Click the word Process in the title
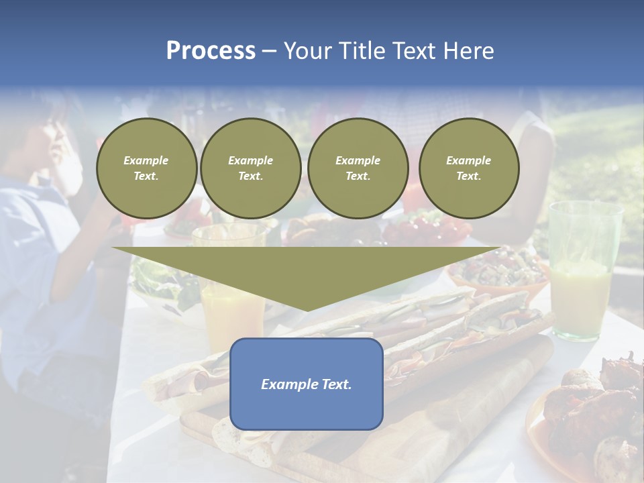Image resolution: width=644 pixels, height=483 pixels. point(211,51)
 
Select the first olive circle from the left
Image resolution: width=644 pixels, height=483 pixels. point(146,168)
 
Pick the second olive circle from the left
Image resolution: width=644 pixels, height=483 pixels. point(251,168)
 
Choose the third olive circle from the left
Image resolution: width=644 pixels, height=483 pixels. point(358,168)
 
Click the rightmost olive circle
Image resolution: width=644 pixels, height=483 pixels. point(469,168)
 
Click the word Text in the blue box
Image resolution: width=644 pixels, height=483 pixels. point(337,384)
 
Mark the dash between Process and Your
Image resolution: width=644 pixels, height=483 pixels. point(269,51)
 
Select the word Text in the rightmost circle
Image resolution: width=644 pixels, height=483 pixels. point(468,176)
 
